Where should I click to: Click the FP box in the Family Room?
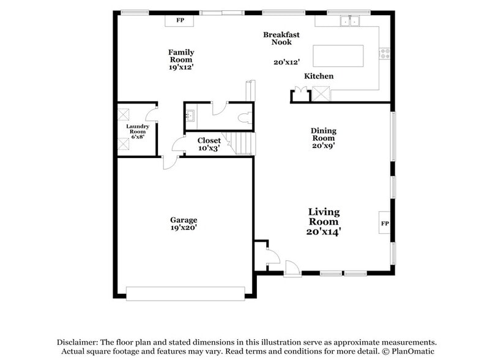pyautogui.click(x=180, y=21)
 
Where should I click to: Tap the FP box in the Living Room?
pyautogui.click(x=385, y=223)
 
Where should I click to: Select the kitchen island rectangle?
pyautogui.click(x=338, y=56)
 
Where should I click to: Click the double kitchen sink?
pyautogui.click(x=351, y=21)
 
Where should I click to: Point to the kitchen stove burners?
pyautogui.click(x=385, y=53)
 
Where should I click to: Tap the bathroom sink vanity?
pyautogui.click(x=190, y=115)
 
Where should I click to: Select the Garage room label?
pyautogui.click(x=184, y=220)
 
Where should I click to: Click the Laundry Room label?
pyautogui.click(x=137, y=129)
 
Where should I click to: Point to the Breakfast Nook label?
pyautogui.click(x=281, y=39)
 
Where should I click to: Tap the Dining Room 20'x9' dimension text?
pyautogui.click(x=323, y=146)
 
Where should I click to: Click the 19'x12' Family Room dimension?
pyautogui.click(x=181, y=67)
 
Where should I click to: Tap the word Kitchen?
pyautogui.click(x=319, y=76)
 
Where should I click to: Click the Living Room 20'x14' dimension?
pyautogui.click(x=324, y=232)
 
